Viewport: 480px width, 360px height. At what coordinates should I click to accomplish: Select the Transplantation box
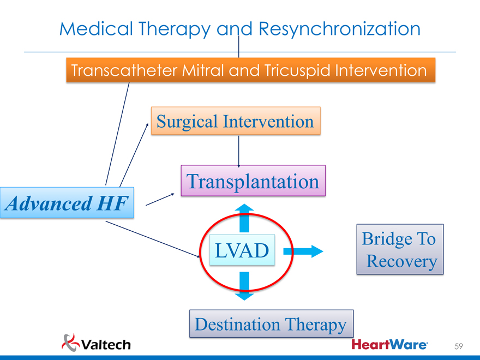pyautogui.click(x=253, y=181)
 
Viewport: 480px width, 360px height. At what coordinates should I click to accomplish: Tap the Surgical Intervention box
pyautogui.click(x=235, y=121)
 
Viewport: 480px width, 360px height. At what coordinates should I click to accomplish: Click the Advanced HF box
pyautogui.click(x=67, y=203)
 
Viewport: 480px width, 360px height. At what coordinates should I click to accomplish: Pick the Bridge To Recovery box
pyautogui.click(x=400, y=249)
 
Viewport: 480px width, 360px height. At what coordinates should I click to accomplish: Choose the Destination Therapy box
pyautogui.click(x=271, y=325)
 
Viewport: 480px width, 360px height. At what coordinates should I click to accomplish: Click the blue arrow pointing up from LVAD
pyautogui.click(x=244, y=217)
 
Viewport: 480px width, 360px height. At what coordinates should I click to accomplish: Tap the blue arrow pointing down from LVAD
pyautogui.click(x=244, y=287)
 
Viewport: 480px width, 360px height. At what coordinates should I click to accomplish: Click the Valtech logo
pyautogui.click(x=97, y=344)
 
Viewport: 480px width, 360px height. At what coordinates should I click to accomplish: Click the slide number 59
pyautogui.click(x=459, y=346)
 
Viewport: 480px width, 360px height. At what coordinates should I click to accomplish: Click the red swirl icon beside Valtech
pyautogui.click(x=70, y=342)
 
